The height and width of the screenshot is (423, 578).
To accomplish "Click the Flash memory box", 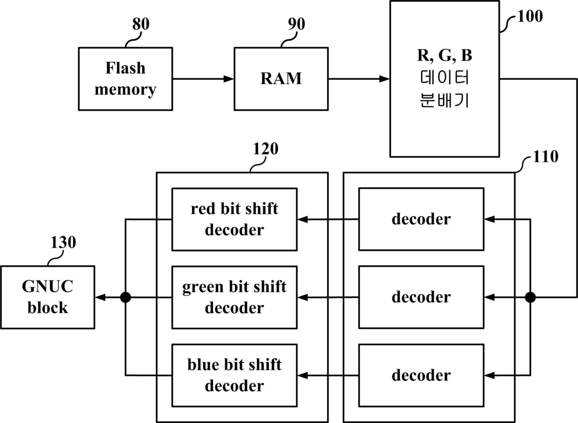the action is click(125, 79).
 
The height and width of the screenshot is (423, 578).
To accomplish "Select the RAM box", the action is click(281, 79).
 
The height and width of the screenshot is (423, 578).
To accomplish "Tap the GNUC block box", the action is click(48, 297).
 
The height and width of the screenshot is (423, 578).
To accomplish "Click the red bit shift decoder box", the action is click(234, 219).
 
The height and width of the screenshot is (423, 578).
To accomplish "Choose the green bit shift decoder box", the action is click(234, 297).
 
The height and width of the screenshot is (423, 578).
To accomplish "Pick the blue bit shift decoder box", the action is click(234, 375).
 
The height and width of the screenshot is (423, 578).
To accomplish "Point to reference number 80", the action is click(141, 24).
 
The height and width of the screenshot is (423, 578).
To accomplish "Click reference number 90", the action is click(296, 24).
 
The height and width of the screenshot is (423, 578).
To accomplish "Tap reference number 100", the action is click(530, 16).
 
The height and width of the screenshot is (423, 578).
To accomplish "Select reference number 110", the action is click(545, 156).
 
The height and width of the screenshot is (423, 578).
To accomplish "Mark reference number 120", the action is click(266, 148).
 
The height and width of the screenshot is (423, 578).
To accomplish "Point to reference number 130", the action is click(63, 242).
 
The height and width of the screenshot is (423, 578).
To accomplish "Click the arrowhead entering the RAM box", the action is click(228, 79).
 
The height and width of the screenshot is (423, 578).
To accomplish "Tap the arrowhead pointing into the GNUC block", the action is click(100, 297).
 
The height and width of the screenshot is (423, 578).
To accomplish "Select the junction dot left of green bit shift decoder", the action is click(126, 297).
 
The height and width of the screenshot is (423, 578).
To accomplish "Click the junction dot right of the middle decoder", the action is click(530, 297).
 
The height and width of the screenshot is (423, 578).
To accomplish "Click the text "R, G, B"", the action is click(445, 55).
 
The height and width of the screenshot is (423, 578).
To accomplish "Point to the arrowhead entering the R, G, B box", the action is click(384, 79).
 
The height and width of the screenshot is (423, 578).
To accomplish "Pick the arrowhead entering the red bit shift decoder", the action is click(303, 219).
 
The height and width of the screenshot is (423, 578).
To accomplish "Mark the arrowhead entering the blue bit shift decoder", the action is click(303, 375).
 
